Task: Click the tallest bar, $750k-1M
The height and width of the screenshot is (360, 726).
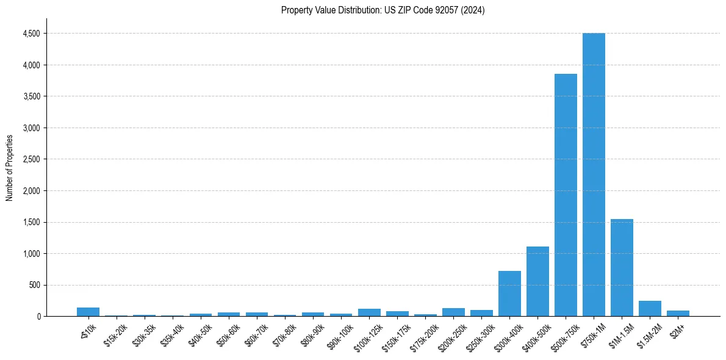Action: [x=594, y=175]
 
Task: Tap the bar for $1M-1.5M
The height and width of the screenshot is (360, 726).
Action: [x=622, y=268]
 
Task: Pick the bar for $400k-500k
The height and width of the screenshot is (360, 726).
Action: [x=537, y=281]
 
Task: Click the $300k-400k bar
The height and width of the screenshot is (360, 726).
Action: [x=509, y=293]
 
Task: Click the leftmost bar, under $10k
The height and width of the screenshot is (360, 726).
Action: [x=88, y=312]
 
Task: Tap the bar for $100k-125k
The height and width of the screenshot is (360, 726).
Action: [x=369, y=312]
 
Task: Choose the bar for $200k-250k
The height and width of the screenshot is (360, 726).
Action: [x=453, y=312]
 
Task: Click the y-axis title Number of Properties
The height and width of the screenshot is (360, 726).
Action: [x=10, y=168]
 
